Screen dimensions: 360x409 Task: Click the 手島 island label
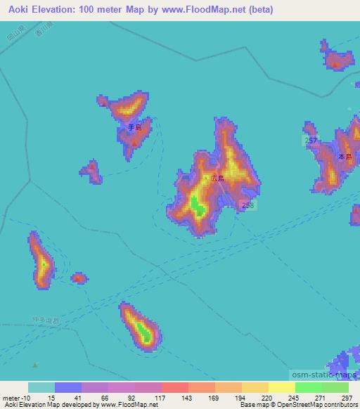[x=134, y=128]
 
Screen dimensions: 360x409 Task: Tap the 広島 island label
[x=217, y=178]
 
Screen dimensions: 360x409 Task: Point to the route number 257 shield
[x=311, y=141]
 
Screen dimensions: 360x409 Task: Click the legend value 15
[x=52, y=398]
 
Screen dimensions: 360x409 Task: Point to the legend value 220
[x=267, y=398]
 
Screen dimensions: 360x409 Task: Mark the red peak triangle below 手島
[x=134, y=143]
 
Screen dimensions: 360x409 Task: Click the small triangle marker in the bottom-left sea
[x=35, y=365]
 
